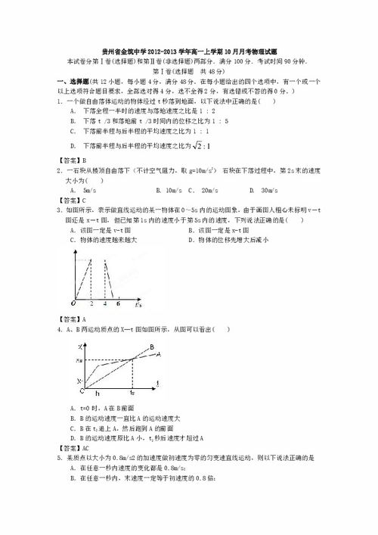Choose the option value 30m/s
click(267, 191)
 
